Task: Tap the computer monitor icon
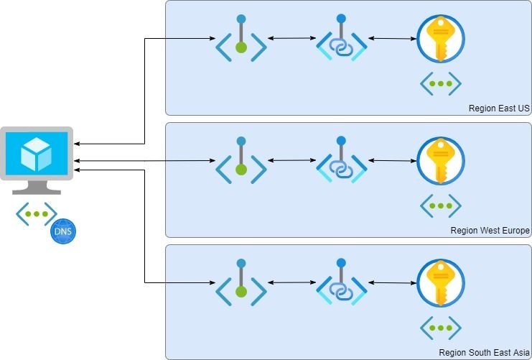pyautogui.click(x=37, y=160)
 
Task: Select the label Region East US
pyautogui.click(x=498, y=109)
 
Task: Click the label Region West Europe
pyautogui.click(x=490, y=231)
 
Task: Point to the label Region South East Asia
pyautogui.click(x=484, y=353)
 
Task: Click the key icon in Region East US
pyautogui.click(x=440, y=39)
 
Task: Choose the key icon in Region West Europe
pyautogui.click(x=440, y=161)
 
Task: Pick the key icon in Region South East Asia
pyautogui.click(x=440, y=283)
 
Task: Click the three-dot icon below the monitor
pyautogui.click(x=37, y=213)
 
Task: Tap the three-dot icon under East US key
pyautogui.click(x=440, y=83)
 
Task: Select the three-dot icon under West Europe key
pyautogui.click(x=440, y=206)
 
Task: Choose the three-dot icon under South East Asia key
pyautogui.click(x=440, y=328)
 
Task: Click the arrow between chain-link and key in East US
pyautogui.click(x=391, y=38)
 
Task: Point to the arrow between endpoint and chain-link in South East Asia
pyautogui.click(x=291, y=282)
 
